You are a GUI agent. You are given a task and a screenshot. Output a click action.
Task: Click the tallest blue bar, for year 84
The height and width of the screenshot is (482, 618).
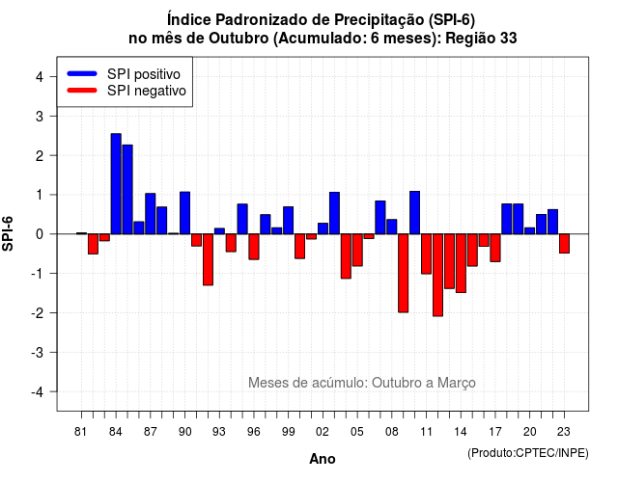[116, 184]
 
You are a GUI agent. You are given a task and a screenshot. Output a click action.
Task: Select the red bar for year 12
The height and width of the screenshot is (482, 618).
[437, 275]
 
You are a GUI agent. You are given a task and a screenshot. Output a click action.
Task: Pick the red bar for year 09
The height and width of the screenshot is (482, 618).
[404, 273]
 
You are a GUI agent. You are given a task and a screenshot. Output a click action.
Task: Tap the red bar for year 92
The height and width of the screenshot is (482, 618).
[209, 259]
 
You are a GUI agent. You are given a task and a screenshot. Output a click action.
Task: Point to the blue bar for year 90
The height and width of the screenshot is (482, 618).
[184, 213]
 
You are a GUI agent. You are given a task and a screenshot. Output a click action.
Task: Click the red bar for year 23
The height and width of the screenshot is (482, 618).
[564, 244]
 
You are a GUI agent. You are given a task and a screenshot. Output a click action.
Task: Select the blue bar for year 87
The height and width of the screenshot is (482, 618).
[151, 214]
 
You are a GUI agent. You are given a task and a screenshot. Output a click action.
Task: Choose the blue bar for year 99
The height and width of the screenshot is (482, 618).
[288, 221]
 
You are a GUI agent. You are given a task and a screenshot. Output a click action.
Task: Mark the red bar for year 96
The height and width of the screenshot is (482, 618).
[254, 247]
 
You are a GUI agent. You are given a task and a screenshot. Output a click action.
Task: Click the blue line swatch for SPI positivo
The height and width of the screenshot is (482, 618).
[82, 73]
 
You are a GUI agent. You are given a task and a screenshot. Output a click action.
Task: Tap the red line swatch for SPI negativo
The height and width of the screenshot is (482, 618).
[82, 91]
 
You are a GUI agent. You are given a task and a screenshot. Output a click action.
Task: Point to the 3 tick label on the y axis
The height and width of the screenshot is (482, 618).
[40, 116]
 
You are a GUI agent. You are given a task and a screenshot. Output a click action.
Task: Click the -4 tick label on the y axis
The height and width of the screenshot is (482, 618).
[38, 392]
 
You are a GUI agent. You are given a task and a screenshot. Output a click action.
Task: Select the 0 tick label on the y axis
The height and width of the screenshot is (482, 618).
[40, 234]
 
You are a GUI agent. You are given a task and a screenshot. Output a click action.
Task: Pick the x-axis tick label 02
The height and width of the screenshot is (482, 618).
[323, 432]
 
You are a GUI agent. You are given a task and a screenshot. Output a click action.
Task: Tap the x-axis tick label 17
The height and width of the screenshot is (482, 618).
[495, 432]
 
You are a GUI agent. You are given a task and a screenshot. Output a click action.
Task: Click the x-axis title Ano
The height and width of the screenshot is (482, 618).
[323, 459]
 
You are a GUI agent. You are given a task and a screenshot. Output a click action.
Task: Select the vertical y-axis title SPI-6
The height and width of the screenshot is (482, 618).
[8, 233]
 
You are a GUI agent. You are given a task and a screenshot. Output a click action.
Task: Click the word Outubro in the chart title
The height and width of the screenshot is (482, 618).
[239, 39]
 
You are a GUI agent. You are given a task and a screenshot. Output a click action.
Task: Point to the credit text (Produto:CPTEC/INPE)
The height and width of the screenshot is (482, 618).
[528, 453]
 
